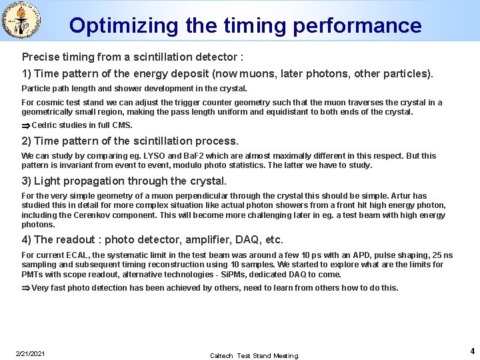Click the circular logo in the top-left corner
[22, 20]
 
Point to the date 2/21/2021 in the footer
[30, 353]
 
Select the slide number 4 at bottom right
[472, 351]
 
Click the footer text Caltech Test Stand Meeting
[254, 355]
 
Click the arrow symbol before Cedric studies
[26, 125]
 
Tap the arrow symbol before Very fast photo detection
[26, 288]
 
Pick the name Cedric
[45, 125]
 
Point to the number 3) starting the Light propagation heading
[26, 181]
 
